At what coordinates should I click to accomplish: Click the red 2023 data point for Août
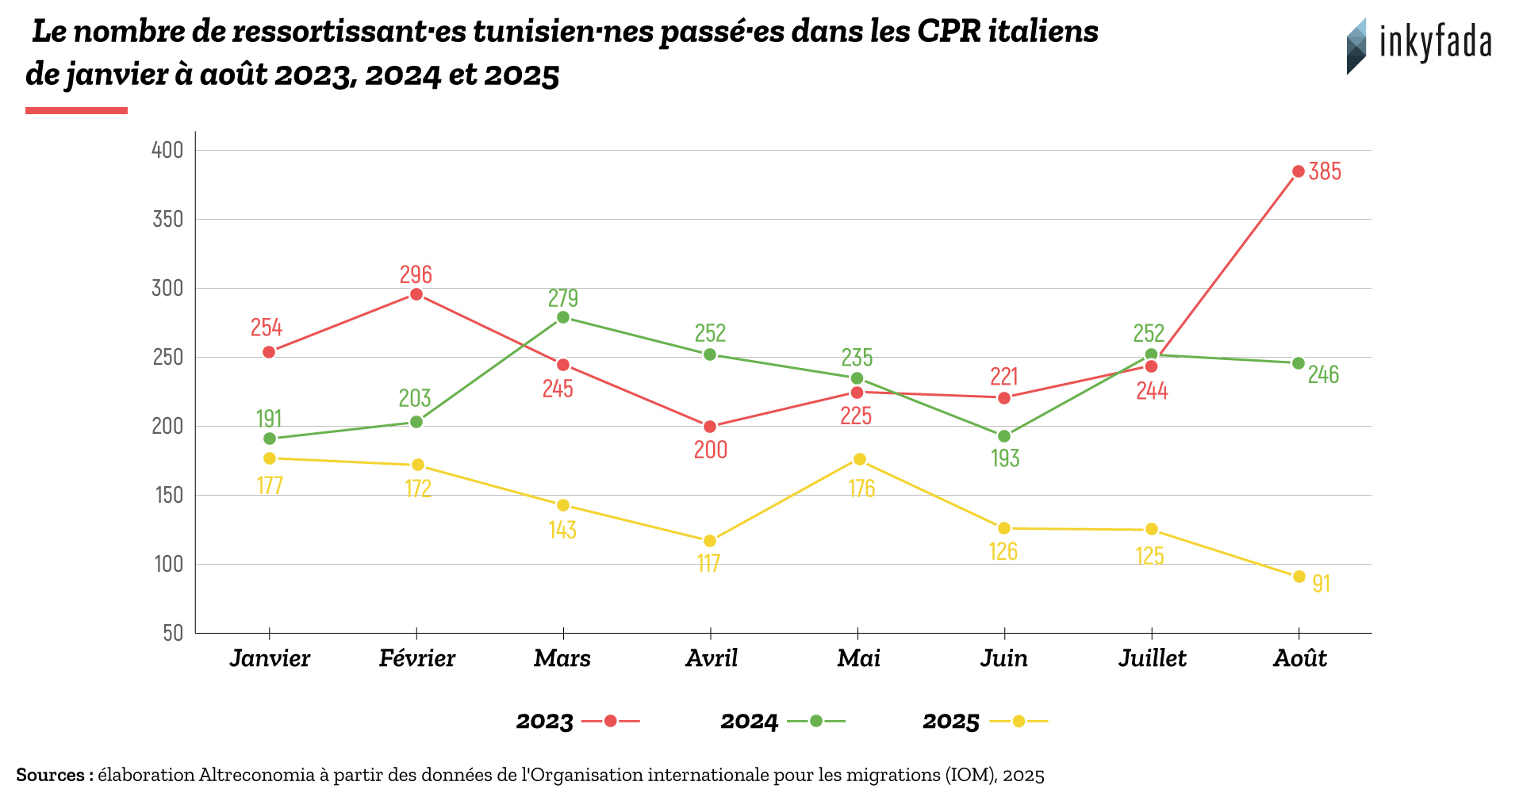(1299, 171)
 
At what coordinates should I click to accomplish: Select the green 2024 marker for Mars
(563, 317)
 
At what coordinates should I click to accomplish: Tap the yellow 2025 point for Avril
(710, 541)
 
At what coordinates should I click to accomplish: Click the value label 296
(416, 274)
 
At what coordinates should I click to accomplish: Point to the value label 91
(1321, 584)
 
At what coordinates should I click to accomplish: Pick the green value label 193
(1005, 458)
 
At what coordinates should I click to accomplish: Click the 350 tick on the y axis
(167, 219)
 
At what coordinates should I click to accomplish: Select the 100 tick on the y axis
(168, 564)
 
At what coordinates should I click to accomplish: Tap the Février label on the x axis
(416, 658)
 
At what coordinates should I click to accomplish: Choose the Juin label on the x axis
(1004, 658)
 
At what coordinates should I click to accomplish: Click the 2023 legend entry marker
(610, 721)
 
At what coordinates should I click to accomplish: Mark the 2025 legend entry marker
(1019, 721)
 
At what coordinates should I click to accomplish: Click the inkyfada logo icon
(1356, 46)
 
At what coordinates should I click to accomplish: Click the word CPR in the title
(949, 32)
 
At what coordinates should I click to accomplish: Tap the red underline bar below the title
(76, 110)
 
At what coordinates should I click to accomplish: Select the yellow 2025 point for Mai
(859, 459)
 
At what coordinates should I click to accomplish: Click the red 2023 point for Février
(416, 295)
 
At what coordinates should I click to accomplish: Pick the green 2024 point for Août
(1299, 363)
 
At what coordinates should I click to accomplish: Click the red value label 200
(711, 450)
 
